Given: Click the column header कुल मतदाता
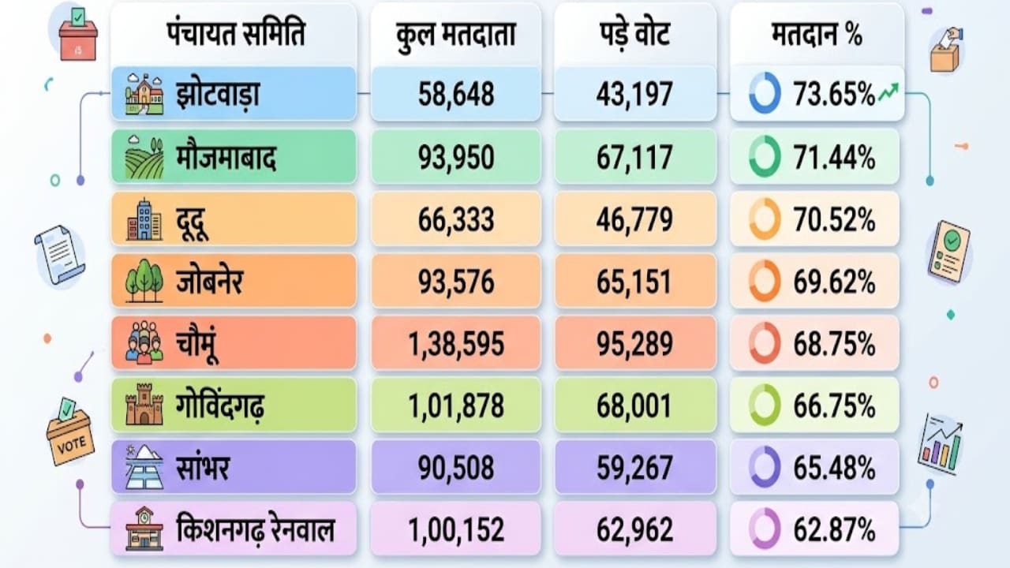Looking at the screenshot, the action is point(455,35).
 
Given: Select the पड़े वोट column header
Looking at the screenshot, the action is point(635,34).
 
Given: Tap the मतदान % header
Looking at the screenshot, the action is point(817,34).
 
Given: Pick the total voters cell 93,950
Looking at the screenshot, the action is point(456,157).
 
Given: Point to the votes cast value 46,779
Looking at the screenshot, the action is point(634,219).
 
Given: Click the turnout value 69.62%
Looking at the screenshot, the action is point(834,282).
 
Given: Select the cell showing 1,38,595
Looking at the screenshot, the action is point(456,344).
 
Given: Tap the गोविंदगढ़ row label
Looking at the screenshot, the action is point(220,405).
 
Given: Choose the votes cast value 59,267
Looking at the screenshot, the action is point(634,468).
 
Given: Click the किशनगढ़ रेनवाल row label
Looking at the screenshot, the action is point(255,529).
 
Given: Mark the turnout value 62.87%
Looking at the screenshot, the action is point(834,529).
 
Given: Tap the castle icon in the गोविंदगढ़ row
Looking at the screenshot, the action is point(144,405).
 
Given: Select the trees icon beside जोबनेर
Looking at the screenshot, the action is point(144,280).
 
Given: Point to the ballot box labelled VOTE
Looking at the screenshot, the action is point(70,431).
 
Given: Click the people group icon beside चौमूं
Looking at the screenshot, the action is point(144,342).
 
